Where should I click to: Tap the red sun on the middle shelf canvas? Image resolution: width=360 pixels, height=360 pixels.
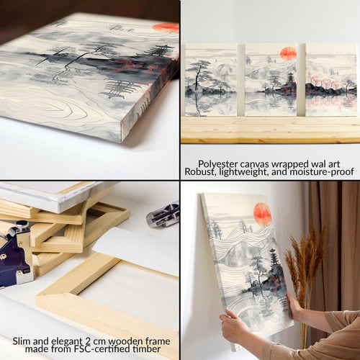288,54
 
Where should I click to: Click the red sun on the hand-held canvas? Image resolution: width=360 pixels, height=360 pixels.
263,215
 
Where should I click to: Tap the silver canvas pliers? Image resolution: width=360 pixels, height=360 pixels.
163,215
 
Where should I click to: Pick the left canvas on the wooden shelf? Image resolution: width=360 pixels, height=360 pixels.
211,80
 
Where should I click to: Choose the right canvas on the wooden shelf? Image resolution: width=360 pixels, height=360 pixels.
330,80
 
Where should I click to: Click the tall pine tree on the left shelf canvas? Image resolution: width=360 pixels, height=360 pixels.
198,74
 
